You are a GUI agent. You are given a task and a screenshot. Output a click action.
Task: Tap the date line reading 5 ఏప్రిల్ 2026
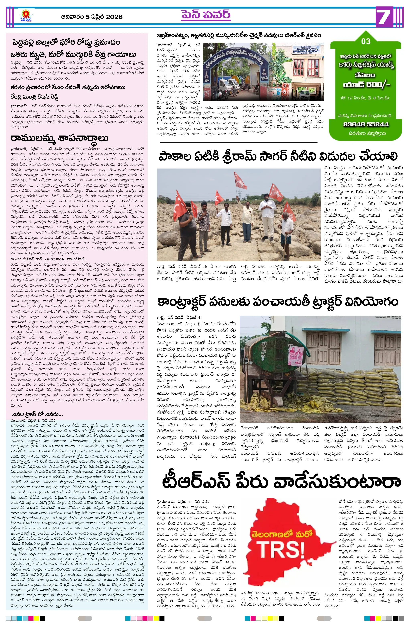click(92, 17)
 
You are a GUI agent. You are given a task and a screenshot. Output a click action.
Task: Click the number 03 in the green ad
click(366, 41)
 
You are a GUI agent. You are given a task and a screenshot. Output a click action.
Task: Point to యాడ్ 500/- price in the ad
click(366, 85)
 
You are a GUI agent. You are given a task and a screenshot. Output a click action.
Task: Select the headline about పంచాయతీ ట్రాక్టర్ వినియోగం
click(278, 302)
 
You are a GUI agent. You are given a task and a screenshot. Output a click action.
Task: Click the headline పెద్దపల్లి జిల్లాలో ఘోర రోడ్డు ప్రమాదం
click(66, 42)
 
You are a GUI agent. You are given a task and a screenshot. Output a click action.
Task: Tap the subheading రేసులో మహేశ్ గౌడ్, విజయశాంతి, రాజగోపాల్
click(49, 259)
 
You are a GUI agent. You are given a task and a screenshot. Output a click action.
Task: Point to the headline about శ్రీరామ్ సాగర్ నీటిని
click(278, 157)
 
